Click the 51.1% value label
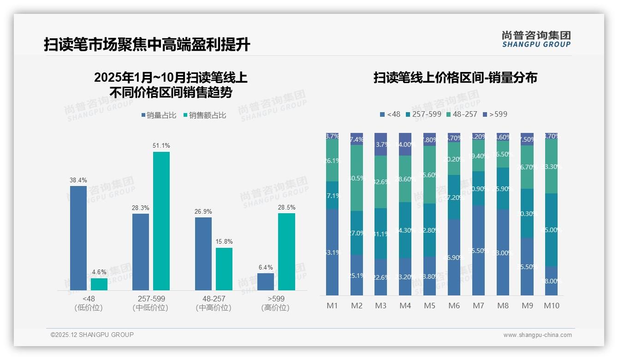(x=161, y=145)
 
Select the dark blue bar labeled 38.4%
(x=78, y=238)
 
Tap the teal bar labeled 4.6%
(x=99, y=284)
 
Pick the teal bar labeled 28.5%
(x=286, y=252)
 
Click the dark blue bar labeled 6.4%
(x=266, y=282)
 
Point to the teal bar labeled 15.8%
(x=224, y=269)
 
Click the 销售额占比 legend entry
(x=204, y=115)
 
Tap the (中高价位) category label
(x=214, y=308)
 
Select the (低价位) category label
(x=89, y=308)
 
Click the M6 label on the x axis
(x=454, y=306)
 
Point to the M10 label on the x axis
(x=552, y=306)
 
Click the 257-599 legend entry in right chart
(x=423, y=114)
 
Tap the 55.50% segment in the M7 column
(x=478, y=250)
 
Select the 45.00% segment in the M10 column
(x=552, y=230)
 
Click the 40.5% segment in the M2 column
(x=357, y=178)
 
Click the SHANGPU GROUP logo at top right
(x=536, y=39)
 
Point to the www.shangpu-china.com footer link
(x=537, y=335)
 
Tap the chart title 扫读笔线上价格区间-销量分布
(x=455, y=78)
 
